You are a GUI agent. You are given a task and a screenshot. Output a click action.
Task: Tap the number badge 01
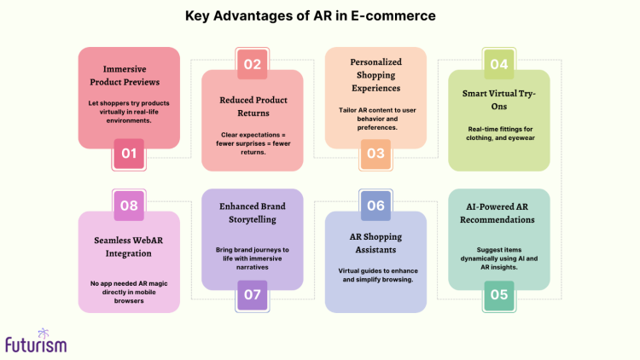[x=129, y=154]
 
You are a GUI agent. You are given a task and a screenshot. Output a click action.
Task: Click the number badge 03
[x=375, y=154]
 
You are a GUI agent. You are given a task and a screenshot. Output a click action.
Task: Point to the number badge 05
[x=499, y=295]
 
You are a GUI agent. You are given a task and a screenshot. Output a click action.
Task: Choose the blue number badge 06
[x=375, y=206]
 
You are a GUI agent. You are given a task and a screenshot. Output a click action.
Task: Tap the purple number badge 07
[x=252, y=295]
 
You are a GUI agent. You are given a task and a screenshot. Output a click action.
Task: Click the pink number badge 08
[x=129, y=206]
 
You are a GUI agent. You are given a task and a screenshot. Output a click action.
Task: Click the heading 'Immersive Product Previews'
[x=129, y=75]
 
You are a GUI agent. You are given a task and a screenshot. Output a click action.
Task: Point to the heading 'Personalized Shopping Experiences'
[x=375, y=75]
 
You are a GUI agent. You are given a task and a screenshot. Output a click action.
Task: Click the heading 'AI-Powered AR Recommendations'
[x=499, y=213]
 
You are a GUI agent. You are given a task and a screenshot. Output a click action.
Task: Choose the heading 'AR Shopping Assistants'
[x=375, y=242]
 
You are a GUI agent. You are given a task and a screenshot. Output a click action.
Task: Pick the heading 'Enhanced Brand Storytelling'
[x=252, y=213]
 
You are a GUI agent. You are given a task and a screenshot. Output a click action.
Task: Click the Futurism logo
[x=35, y=341]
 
